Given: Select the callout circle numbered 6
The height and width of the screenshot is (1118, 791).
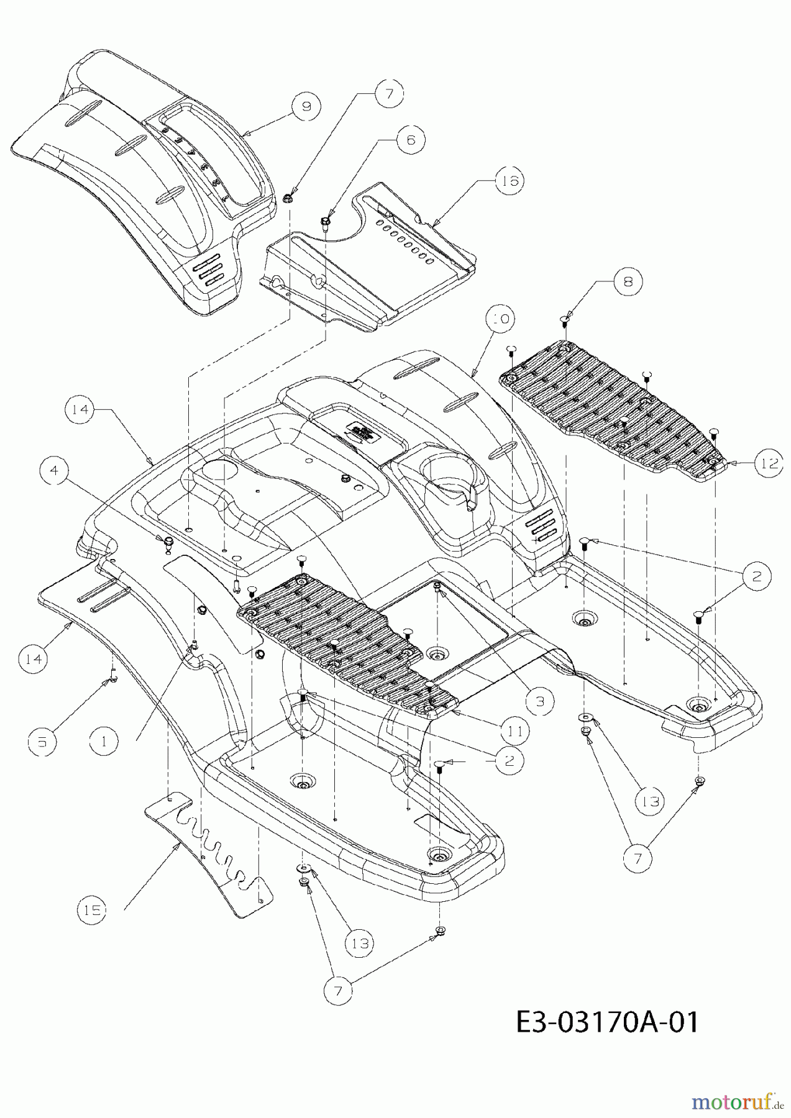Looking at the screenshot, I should click(x=410, y=140).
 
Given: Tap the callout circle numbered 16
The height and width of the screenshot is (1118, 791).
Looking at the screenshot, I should click(x=509, y=181).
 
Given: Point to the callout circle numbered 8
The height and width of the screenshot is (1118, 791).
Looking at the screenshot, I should click(x=626, y=281).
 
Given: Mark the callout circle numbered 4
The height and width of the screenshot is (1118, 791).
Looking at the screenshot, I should click(x=55, y=471).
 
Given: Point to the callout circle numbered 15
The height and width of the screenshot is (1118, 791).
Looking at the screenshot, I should click(x=93, y=910).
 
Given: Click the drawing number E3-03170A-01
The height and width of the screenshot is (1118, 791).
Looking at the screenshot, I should click(x=607, y=1021).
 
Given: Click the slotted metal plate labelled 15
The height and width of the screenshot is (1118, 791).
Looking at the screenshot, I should click(x=205, y=851).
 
